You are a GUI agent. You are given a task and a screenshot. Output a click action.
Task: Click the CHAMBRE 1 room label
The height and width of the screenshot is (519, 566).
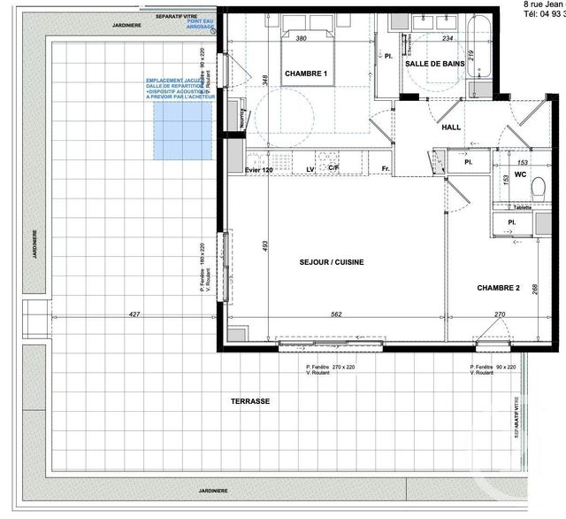(307, 74)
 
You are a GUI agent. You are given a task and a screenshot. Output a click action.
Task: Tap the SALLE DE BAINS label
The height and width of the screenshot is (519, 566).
(435, 66)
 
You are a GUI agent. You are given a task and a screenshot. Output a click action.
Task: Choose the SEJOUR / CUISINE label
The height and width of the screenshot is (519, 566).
(332, 261)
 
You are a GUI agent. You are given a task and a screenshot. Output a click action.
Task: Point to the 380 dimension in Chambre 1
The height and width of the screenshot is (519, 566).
(301, 38)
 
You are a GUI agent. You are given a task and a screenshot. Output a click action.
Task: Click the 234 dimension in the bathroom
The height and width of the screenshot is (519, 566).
(447, 38)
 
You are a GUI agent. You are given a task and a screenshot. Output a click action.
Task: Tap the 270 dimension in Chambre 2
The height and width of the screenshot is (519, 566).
(499, 314)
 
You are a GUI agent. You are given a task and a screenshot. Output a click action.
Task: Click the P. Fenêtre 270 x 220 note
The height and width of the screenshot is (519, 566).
(331, 368)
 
